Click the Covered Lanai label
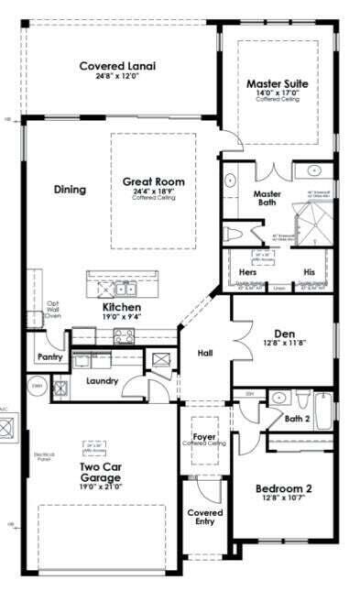point(116,66)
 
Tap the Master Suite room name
point(278,83)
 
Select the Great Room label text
point(153,182)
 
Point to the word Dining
point(70,191)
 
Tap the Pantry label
point(49,356)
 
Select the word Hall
point(205,352)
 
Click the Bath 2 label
point(296,419)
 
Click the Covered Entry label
point(204,518)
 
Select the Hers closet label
point(248,272)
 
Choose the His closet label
point(309,272)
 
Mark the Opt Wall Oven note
point(52,310)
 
